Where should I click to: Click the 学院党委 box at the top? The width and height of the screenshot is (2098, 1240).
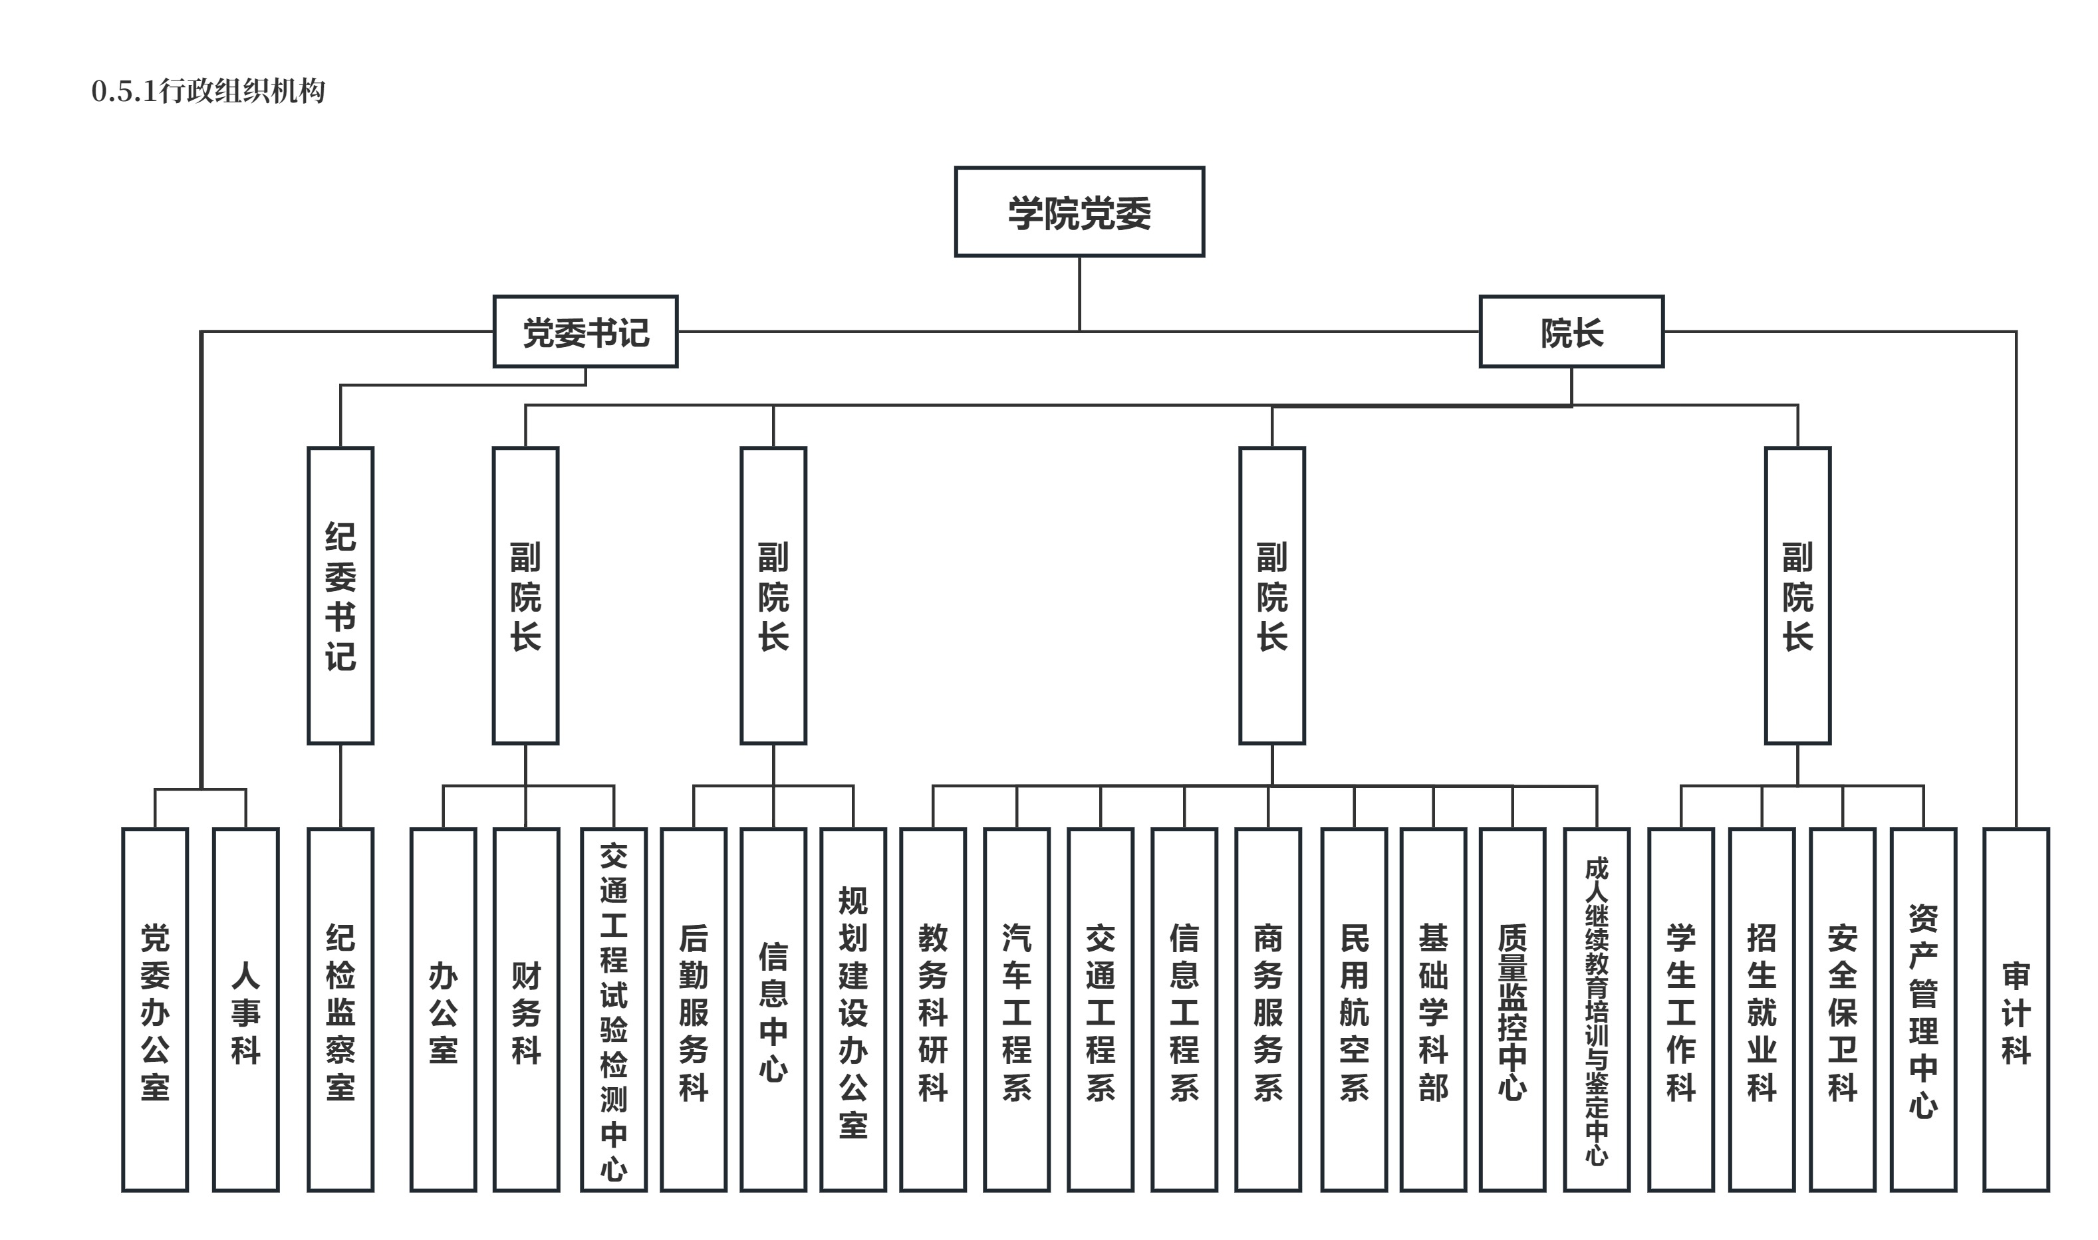[x=1079, y=211]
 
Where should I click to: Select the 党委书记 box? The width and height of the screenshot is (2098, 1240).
[x=585, y=332]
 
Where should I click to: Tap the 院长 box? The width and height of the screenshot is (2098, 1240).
[x=1571, y=332]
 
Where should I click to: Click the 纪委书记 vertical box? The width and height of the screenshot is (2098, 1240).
[x=340, y=595]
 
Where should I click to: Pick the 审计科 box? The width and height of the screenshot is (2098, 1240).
[x=2016, y=1009]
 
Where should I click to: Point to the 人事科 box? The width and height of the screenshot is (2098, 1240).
[x=245, y=1009]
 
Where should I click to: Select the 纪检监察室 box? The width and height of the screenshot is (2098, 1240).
[x=340, y=1009]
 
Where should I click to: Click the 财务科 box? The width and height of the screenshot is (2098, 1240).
[x=525, y=1009]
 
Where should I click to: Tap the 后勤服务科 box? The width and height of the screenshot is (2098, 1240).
[x=693, y=1009]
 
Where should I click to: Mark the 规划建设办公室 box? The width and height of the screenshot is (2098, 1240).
[x=852, y=1009]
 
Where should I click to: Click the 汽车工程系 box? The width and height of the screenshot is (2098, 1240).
[x=1016, y=1009]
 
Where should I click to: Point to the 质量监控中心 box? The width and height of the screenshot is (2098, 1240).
[x=1511, y=1009]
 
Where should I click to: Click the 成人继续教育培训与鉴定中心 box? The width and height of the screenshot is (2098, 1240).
[x=1596, y=1009]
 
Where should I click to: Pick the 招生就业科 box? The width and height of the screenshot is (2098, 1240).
[x=1762, y=1009]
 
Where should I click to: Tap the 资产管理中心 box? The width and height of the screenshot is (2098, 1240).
[x=1922, y=1009]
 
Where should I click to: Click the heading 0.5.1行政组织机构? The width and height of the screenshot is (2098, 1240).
[x=208, y=91]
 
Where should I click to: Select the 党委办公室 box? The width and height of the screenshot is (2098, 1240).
[x=154, y=1009]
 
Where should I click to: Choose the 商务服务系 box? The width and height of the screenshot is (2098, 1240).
[x=1267, y=1009]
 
